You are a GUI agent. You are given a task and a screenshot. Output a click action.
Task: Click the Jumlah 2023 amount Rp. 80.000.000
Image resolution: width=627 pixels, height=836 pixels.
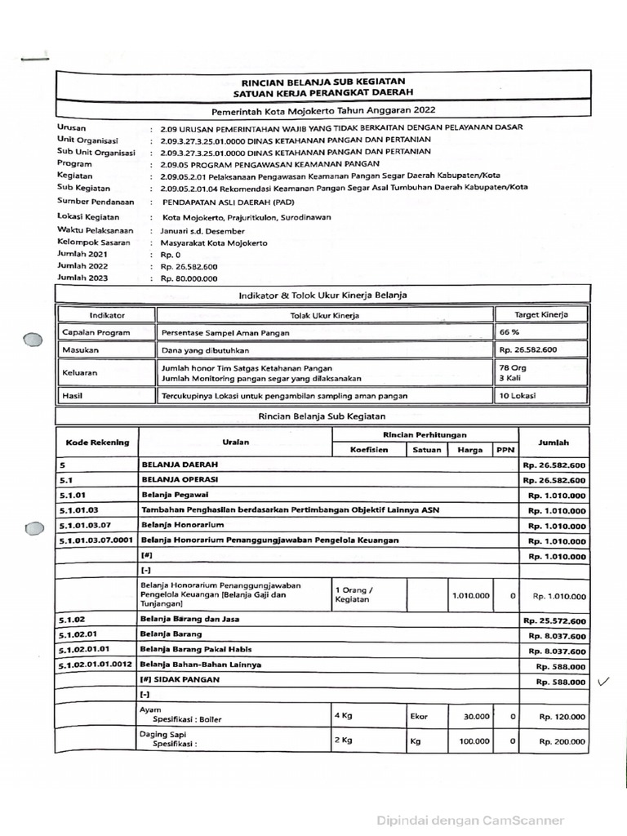pyautogui.click(x=189, y=278)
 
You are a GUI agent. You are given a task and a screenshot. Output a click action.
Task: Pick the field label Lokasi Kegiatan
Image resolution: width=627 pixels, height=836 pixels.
pyautogui.click(x=88, y=217)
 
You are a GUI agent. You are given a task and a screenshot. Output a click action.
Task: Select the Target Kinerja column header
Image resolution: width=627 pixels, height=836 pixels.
pyautogui.click(x=540, y=314)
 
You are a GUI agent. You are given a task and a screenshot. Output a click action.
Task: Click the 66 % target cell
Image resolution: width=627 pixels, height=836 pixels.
pyautogui.click(x=509, y=332)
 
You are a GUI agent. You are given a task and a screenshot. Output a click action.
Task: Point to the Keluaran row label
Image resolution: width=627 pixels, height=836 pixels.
pyautogui.click(x=80, y=372)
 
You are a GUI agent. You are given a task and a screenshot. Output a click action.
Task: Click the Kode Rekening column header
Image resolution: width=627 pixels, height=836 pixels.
pyautogui.click(x=97, y=442)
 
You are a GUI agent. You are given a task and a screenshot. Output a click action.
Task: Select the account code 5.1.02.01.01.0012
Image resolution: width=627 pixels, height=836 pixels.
pyautogui.click(x=96, y=665)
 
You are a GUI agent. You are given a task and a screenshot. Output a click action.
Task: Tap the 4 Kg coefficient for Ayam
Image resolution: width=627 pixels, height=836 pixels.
pyautogui.click(x=343, y=715)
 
